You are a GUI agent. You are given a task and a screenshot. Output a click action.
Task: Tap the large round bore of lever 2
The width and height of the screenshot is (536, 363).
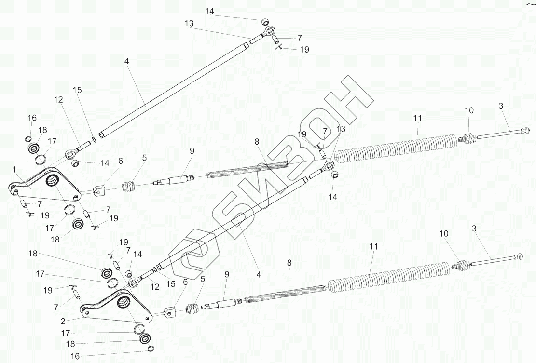click(124, 302)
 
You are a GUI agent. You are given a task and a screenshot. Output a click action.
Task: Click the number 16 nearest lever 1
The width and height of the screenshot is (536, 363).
click(32, 118)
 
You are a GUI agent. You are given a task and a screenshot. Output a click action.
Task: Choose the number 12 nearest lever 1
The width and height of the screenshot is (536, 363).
click(58, 100)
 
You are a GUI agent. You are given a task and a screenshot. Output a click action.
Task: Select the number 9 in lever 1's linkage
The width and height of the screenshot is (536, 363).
click(192, 151)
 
